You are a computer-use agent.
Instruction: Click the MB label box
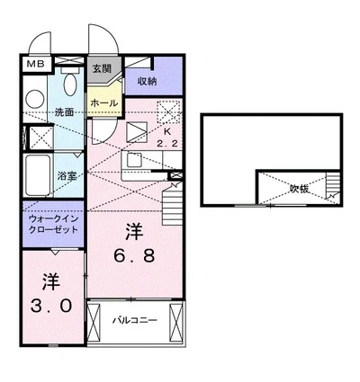tap(34, 65)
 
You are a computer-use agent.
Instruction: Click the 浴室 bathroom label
tap(67, 176)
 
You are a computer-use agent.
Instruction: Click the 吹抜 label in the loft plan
tap(299, 189)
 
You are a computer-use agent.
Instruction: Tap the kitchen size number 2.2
tap(168, 143)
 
